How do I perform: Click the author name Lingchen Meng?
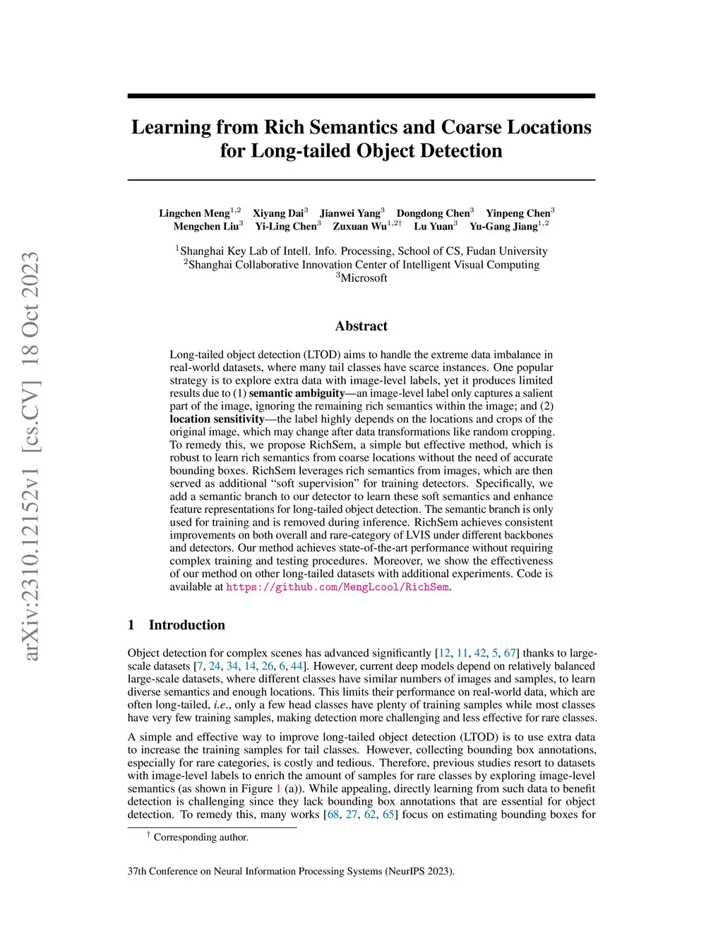point(194,213)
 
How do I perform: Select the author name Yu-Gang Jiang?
point(503,227)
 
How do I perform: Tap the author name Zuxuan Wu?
point(360,227)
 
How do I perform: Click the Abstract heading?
point(361,326)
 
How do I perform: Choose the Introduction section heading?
point(186,625)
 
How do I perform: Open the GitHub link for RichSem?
point(337,587)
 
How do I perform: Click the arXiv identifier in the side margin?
point(30,456)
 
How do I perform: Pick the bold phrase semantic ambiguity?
point(297,393)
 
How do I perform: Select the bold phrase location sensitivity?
point(217,420)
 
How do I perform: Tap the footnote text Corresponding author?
point(201,838)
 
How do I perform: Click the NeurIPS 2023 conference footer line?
point(291,872)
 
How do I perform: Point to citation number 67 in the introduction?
point(510,653)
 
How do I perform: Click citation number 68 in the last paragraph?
point(333,815)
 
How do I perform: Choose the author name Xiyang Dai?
point(278,213)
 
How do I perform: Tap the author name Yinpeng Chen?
point(518,213)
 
